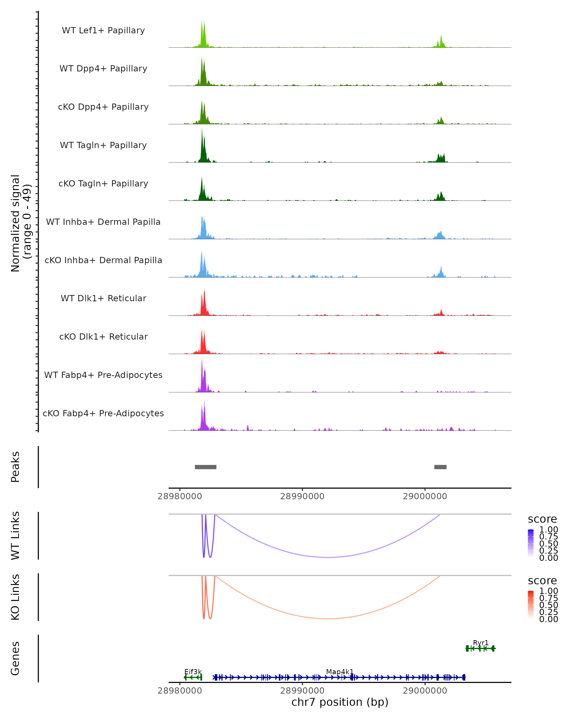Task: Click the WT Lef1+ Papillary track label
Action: (103, 30)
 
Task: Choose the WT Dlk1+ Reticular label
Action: (103, 298)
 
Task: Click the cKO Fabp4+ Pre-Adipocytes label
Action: (103, 413)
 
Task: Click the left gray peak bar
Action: (206, 467)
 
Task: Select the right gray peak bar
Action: (440, 467)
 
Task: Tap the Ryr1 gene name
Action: (481, 643)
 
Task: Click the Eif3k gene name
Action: (193, 672)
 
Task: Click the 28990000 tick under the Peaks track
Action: (302, 496)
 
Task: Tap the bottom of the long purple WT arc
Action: (328, 557)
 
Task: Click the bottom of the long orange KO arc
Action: (328, 619)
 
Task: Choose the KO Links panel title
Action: (15, 597)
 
